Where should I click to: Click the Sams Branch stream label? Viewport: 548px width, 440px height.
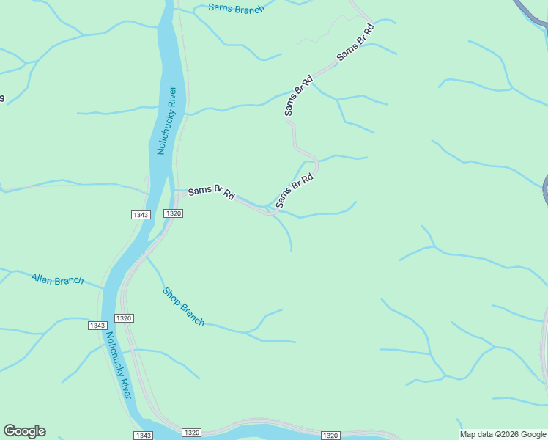236,9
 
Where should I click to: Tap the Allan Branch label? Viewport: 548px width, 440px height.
57,279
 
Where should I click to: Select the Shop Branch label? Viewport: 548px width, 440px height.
182,306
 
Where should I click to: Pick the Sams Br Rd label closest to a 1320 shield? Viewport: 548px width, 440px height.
211,192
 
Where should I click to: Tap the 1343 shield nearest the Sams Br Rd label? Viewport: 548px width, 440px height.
141,214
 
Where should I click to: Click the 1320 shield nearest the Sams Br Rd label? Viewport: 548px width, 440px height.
173,213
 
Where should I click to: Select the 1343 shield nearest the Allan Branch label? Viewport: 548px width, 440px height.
97,325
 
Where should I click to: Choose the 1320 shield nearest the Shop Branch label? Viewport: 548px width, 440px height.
124,318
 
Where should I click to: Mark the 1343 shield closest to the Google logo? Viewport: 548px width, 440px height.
144,435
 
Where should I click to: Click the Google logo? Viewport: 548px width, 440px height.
24,431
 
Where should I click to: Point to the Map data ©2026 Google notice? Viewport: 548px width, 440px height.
503,434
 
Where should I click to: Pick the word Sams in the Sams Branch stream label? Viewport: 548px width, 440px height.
220,8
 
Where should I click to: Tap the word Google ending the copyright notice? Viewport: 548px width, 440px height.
533,434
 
